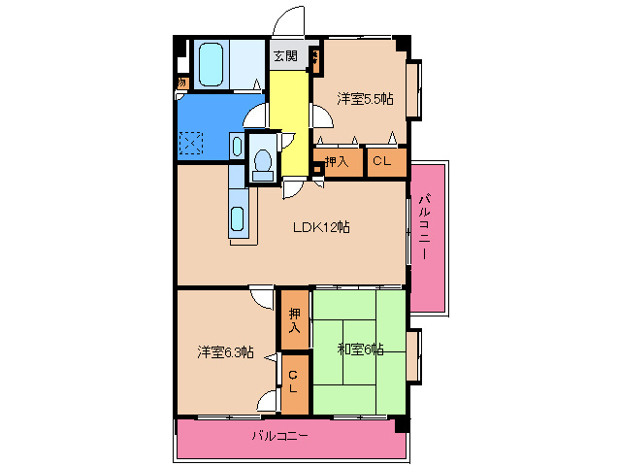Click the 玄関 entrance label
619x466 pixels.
click(284, 55)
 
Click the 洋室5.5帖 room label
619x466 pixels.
click(365, 98)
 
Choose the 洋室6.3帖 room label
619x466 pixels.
click(226, 352)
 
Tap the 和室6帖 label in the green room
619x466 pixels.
click(360, 349)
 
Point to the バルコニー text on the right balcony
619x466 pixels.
click(425, 229)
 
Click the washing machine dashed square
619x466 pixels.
click(192, 146)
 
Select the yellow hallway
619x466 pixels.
click(287, 107)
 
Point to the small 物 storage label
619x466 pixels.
click(180, 83)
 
